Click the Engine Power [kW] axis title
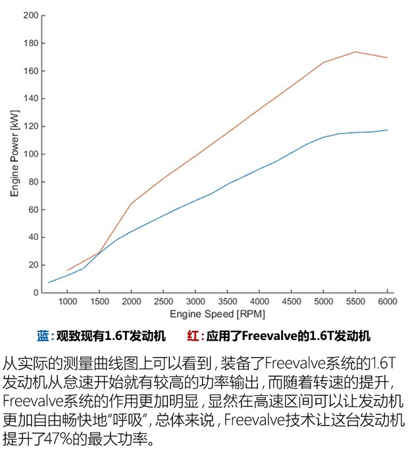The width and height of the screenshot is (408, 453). coord(14,154)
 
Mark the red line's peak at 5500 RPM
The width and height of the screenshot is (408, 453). coord(355,52)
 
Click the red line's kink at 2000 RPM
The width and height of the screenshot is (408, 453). coord(131,204)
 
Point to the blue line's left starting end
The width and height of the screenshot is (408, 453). coord(49,283)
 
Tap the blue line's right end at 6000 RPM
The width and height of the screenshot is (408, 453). coord(387,130)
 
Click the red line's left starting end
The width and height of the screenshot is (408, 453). coord(67,270)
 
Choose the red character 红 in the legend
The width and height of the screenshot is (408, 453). coord(192,336)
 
